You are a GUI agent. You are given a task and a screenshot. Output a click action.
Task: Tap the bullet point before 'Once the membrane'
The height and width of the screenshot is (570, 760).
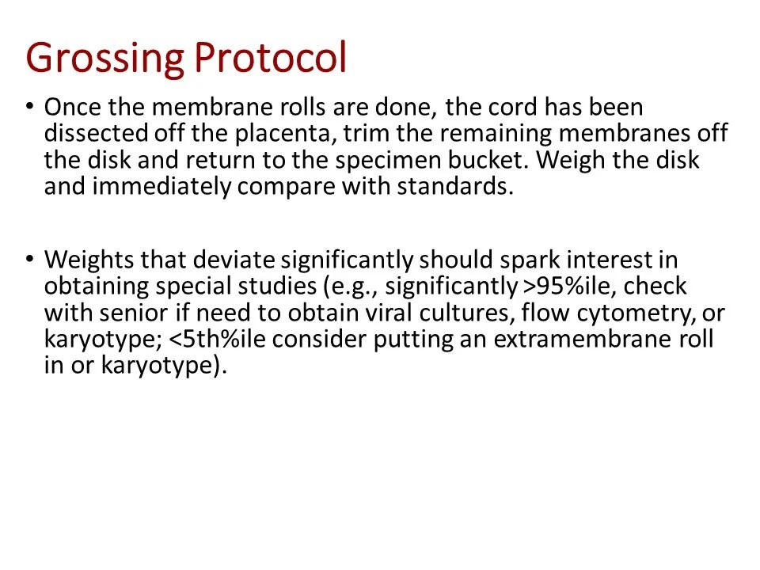(x=30, y=105)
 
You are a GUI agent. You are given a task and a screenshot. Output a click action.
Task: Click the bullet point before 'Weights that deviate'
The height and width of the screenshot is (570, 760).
(x=30, y=258)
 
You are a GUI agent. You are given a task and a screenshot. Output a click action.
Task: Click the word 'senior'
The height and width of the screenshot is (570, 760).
(x=131, y=313)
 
